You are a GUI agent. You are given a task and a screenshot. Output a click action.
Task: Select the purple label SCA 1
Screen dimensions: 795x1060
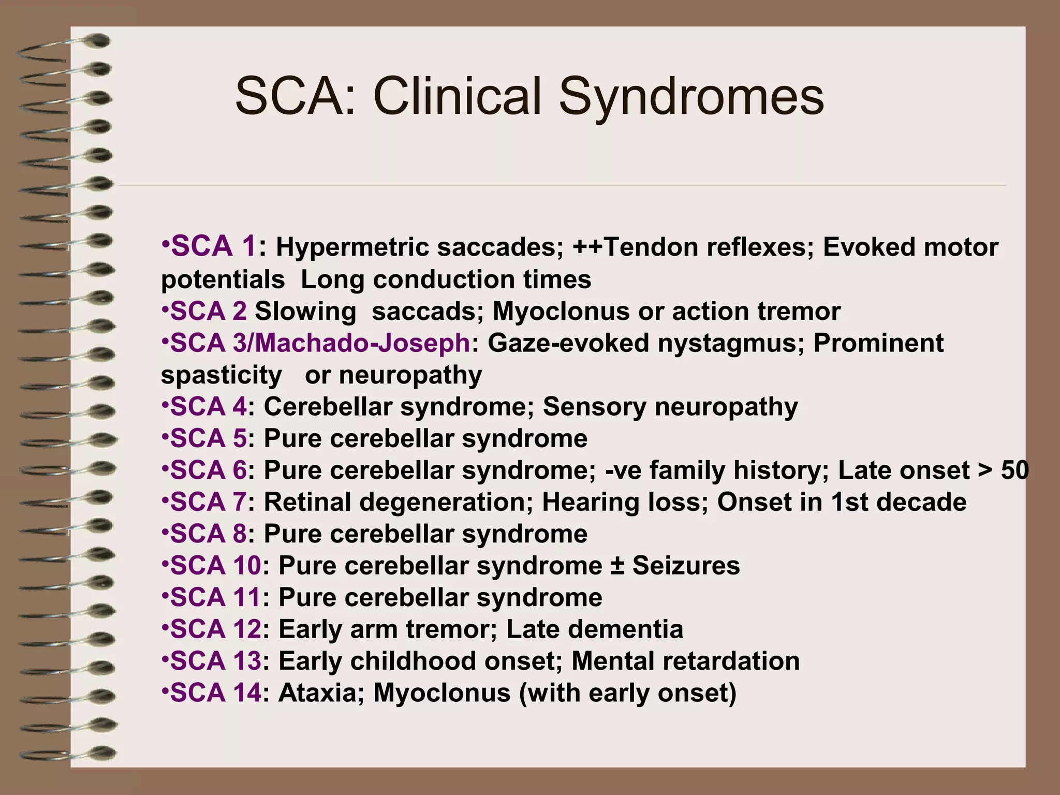(x=213, y=246)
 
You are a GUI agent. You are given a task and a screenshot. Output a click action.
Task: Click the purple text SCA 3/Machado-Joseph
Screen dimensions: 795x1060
(x=320, y=343)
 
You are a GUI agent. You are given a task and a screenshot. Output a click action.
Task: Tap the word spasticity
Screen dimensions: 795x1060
(x=222, y=375)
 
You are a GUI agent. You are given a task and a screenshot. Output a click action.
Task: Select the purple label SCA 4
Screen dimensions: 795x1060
(x=209, y=407)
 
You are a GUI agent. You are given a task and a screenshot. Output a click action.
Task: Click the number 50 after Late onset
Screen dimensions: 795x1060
(x=1014, y=470)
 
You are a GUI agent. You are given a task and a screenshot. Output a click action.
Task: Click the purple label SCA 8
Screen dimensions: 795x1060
(x=209, y=534)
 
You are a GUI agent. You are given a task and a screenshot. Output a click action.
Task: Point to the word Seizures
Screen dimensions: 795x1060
(x=686, y=565)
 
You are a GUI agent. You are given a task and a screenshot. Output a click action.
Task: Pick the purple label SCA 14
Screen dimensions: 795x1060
(x=216, y=693)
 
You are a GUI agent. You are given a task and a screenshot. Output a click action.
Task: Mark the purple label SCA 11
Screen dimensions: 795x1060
(x=215, y=597)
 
